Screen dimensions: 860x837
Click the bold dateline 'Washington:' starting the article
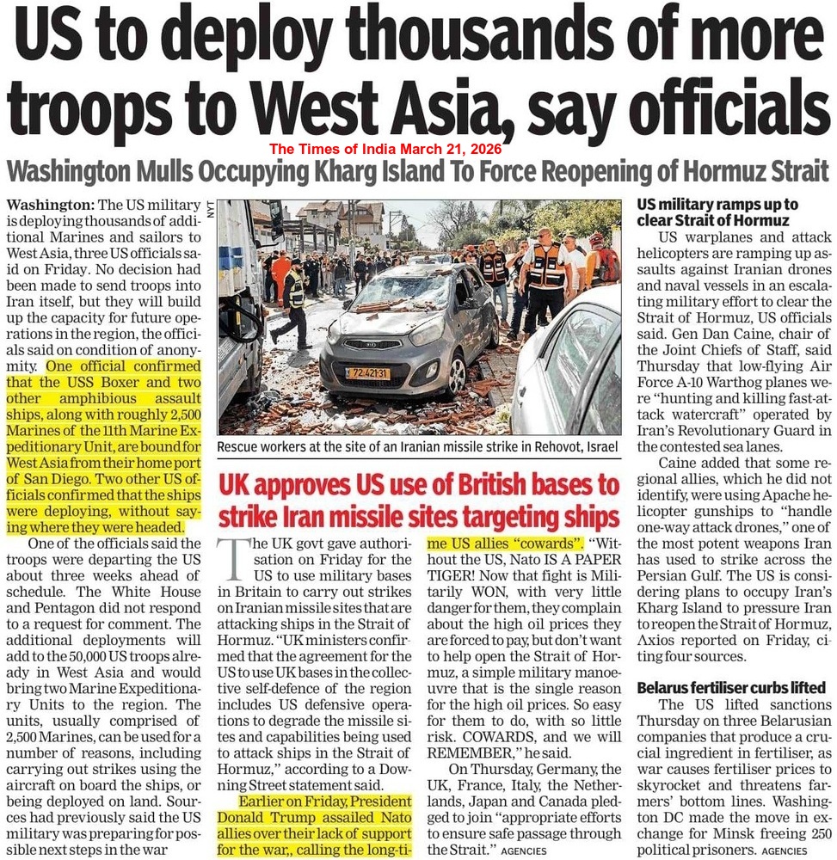(50, 206)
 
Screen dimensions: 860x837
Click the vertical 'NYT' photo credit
(209, 208)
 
